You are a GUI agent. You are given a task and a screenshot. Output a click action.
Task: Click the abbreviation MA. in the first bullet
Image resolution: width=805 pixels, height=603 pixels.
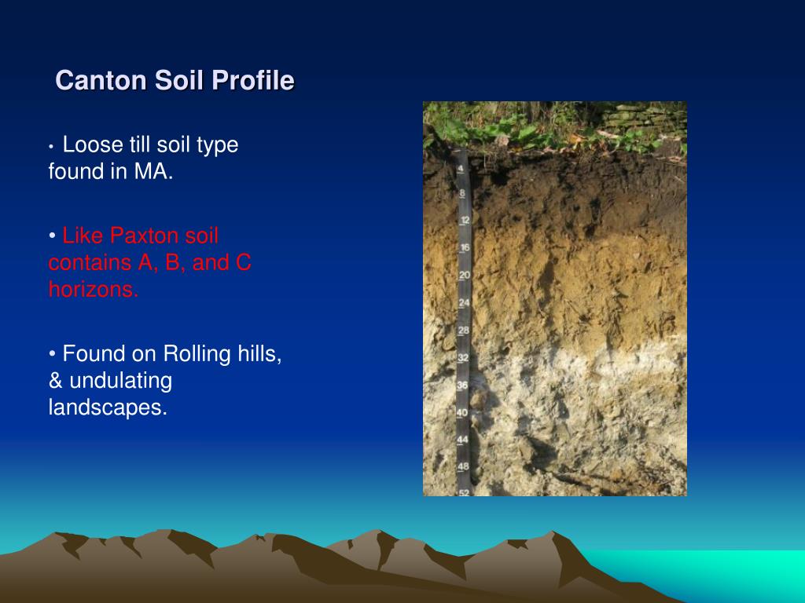click(153, 171)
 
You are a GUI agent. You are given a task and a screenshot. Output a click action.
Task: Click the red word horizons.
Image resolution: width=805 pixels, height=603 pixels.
click(94, 289)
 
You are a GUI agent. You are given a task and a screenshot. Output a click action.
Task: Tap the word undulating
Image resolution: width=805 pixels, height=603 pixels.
click(120, 381)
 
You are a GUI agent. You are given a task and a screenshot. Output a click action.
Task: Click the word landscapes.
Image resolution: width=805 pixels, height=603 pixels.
click(108, 407)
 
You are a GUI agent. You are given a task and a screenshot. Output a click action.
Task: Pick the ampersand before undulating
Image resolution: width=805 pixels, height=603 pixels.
click(56, 381)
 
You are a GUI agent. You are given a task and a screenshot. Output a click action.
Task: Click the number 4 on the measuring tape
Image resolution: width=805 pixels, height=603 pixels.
click(461, 169)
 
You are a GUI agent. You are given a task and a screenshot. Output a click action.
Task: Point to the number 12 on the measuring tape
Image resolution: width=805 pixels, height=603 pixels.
click(465, 221)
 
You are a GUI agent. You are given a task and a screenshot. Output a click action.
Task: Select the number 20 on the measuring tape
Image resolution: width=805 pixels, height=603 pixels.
click(465, 276)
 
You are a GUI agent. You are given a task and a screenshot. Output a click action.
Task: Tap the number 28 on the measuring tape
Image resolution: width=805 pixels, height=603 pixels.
click(464, 331)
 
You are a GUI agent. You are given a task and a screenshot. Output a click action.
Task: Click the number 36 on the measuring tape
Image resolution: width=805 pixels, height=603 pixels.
click(462, 385)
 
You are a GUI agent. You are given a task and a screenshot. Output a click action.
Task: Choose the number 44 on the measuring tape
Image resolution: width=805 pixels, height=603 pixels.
click(462, 440)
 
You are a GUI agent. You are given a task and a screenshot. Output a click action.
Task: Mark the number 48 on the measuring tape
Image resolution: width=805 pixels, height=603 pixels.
click(463, 466)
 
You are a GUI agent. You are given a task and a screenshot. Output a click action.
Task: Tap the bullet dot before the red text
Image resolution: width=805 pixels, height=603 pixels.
click(53, 236)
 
